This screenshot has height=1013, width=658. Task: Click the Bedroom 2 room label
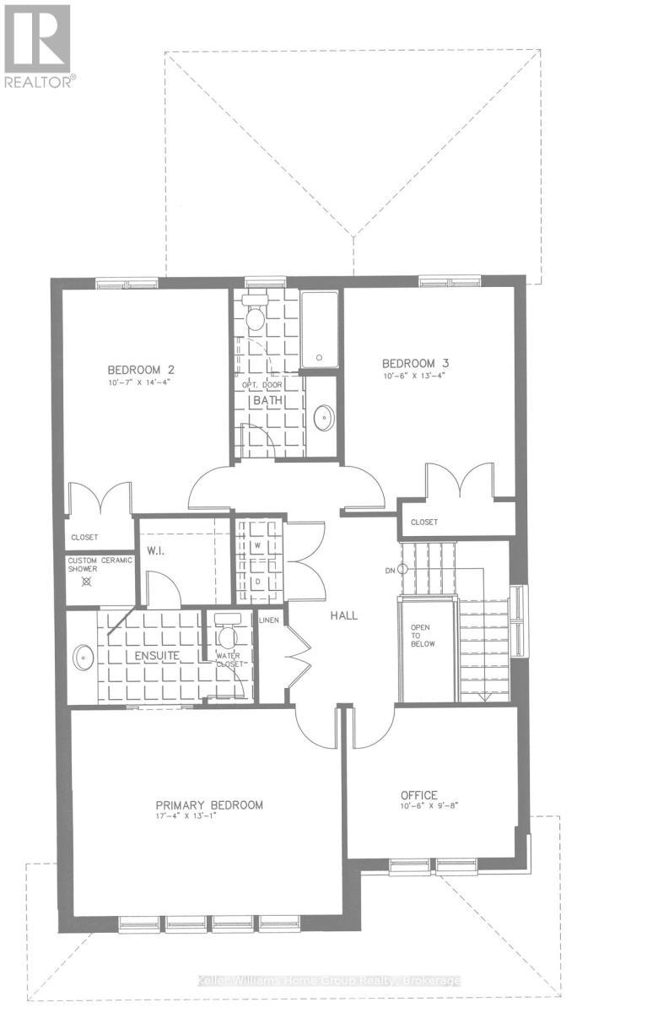click(140, 369)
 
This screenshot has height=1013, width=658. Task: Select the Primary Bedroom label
click(209, 804)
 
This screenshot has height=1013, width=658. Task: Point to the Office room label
click(418, 795)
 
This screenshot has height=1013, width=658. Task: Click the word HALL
click(343, 615)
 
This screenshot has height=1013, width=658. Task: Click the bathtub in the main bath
click(320, 330)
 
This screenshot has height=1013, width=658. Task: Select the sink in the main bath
click(322, 417)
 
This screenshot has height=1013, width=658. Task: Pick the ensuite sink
click(83, 658)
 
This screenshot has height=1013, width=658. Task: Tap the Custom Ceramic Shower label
click(100, 564)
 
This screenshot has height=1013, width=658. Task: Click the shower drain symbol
click(100, 582)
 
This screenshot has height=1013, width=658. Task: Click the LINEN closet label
click(270, 620)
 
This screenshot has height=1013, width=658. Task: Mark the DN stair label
click(390, 571)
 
